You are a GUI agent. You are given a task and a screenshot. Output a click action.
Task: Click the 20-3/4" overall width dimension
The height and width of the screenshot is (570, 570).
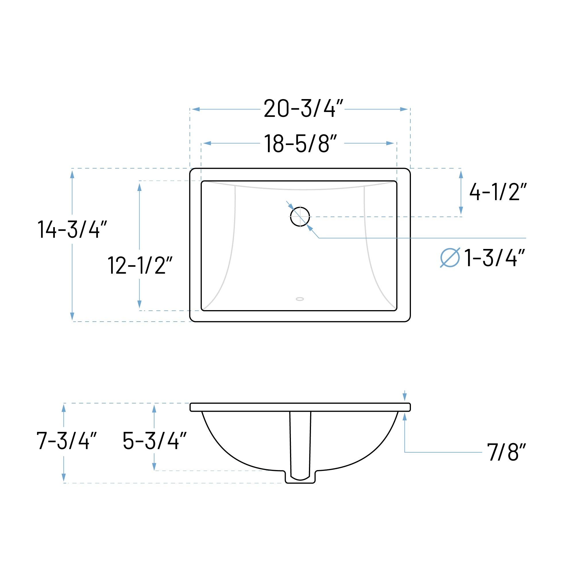point(303,109)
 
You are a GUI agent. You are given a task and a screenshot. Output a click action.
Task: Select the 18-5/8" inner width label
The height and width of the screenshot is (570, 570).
point(300,144)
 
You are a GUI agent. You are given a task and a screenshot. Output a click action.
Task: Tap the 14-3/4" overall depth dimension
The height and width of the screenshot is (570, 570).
point(72,229)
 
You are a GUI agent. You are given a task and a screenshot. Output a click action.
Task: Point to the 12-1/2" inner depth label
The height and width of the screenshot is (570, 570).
point(140,265)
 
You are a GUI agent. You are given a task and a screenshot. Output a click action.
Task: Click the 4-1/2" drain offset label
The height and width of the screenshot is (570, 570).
point(498,192)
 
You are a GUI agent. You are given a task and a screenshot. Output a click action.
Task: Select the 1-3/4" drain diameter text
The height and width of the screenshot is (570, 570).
point(495,258)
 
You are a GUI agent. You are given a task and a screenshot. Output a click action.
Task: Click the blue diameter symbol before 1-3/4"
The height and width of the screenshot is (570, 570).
point(450,258)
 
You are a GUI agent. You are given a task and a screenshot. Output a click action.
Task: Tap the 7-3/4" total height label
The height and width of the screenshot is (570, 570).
point(67,441)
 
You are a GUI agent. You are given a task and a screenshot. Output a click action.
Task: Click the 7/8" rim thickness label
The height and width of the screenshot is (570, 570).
point(506,452)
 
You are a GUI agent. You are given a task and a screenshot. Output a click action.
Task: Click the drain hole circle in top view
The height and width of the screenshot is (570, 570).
point(300,217)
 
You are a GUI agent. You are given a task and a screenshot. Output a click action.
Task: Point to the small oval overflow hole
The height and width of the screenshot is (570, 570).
point(300,299)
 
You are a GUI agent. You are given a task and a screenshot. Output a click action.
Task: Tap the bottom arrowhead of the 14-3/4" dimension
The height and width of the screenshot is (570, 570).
point(72,316)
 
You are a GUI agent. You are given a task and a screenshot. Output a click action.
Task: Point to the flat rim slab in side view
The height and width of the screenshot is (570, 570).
point(300,407)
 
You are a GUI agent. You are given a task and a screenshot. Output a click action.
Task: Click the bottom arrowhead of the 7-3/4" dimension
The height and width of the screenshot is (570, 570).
point(64,477)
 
